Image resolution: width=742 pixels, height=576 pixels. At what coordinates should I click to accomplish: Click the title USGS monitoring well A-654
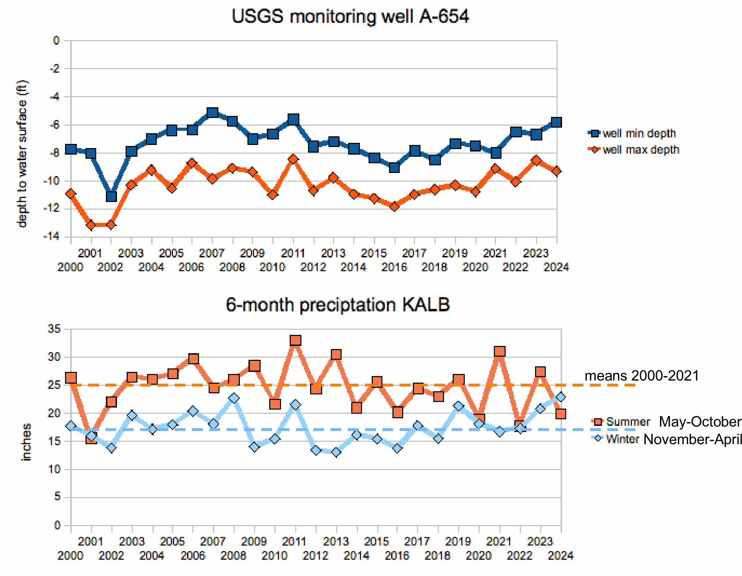pos(350,17)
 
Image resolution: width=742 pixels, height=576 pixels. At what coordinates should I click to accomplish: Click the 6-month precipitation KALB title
pos(337,305)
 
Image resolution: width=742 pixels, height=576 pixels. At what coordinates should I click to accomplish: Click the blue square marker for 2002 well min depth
pos(111,196)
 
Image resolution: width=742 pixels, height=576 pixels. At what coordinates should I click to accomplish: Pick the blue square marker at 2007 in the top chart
pos(212,112)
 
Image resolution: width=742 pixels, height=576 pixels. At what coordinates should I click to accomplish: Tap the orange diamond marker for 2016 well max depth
pos(394,207)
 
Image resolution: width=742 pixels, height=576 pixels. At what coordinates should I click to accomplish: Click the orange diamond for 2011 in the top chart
pos(293,159)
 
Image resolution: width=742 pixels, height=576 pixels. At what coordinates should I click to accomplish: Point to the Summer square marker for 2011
pos(295,340)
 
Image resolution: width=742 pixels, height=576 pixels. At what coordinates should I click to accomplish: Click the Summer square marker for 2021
pos(499,351)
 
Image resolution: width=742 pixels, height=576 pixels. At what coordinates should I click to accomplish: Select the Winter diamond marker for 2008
pos(234,398)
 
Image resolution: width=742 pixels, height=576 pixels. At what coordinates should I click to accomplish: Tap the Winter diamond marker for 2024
pos(561,397)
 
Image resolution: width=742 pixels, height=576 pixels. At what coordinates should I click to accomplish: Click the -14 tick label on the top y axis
pos(52,236)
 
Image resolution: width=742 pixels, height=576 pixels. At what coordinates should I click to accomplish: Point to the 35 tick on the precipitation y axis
pos(54,329)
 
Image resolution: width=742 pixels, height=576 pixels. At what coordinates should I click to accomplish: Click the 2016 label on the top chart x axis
pos(394,267)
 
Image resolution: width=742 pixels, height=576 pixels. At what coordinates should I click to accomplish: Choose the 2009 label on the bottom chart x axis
pos(254,541)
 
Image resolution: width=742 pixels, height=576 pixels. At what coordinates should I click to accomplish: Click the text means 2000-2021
pos(642,376)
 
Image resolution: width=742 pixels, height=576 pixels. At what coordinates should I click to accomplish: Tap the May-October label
pos(700,422)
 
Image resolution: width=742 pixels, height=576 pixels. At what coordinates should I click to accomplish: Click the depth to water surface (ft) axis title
pos(22,154)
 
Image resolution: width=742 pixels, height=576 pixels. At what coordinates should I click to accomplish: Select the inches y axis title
pos(26,442)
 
